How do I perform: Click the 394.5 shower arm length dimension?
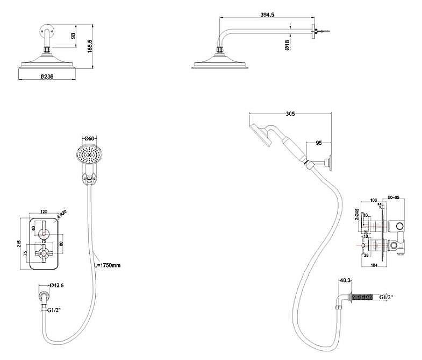tap(266, 15)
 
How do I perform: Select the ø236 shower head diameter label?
tap(47, 77)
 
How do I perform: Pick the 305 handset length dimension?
tap(290, 114)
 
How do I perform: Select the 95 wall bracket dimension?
tap(319, 143)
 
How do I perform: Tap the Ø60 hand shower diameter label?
tap(89, 139)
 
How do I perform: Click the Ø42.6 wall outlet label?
tap(57, 286)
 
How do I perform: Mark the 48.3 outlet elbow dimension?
tap(345, 280)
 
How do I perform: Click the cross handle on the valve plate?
tap(44, 250)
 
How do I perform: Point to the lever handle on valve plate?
tap(44, 226)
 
